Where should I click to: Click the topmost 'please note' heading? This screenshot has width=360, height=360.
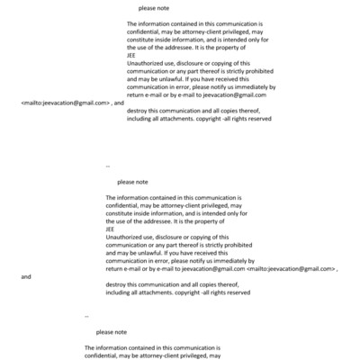pyautogui.click(x=152, y=8)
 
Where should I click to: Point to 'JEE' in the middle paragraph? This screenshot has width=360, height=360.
pyautogui.click(x=110, y=229)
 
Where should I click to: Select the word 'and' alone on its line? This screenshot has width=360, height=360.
pyautogui.click(x=26, y=276)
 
